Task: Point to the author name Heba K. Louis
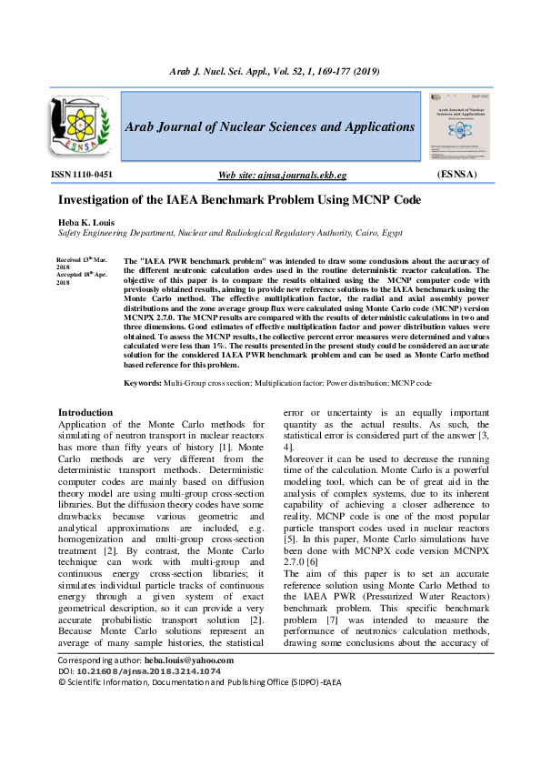(x=85, y=222)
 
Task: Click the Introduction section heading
(x=85, y=412)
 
